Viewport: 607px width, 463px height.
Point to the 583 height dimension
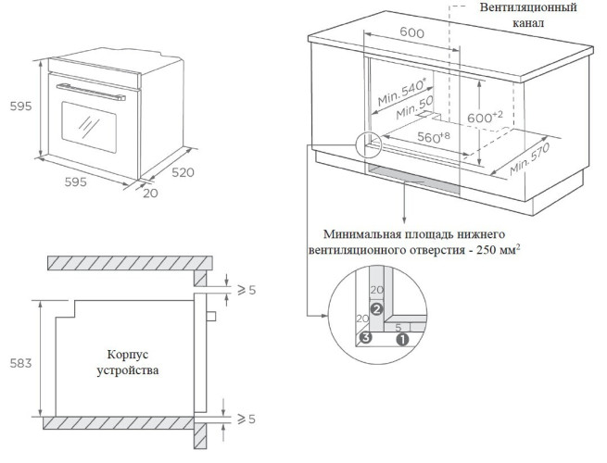pyautogui.click(x=19, y=362)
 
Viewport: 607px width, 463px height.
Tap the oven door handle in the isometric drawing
pyautogui.click(x=84, y=87)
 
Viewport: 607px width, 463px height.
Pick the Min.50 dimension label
pyautogui.click(x=413, y=112)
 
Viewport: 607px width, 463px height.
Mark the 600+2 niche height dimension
pyautogui.click(x=485, y=118)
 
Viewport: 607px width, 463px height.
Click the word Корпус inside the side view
pyautogui.click(x=128, y=355)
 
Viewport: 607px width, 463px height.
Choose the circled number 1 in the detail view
pyautogui.click(x=401, y=339)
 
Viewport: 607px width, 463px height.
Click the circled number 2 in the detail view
pyautogui.click(x=376, y=309)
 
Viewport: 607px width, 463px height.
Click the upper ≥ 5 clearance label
pyautogui.click(x=246, y=290)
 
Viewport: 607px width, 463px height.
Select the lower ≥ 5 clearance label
pyautogui.click(x=246, y=419)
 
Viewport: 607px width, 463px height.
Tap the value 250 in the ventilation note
pyautogui.click(x=478, y=251)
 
